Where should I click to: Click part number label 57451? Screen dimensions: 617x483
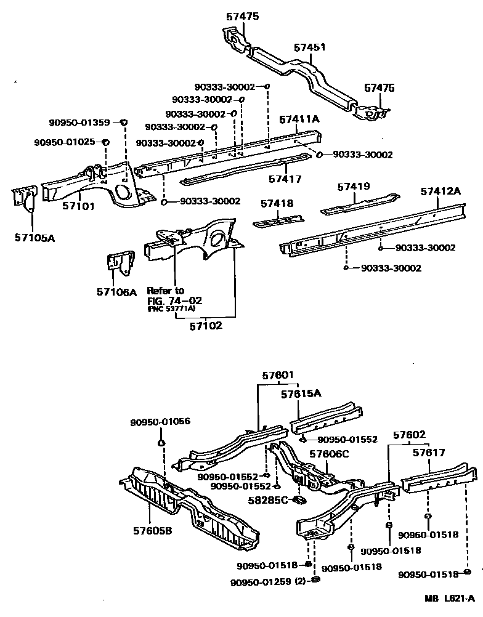[310, 47]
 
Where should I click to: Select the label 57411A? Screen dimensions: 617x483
[299, 119]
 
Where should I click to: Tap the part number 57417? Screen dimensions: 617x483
[285, 180]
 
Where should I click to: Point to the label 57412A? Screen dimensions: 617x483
[441, 192]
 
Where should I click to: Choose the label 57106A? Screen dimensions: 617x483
[116, 292]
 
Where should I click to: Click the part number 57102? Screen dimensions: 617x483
[205, 326]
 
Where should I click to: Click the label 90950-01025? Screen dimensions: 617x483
[65, 142]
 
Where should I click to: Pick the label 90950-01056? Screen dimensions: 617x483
[160, 422]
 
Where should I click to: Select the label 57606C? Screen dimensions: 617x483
[330, 454]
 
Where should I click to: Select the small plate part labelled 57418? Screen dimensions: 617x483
[278, 219]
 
